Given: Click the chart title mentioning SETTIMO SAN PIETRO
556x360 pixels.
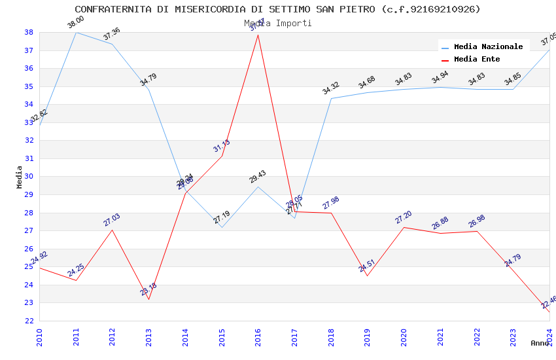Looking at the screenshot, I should [x=277, y=9].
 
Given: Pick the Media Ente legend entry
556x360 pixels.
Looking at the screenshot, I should [x=477, y=59].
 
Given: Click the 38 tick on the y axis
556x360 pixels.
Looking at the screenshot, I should [x=29, y=32].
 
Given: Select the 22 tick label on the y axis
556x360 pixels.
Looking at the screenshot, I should [x=29, y=321].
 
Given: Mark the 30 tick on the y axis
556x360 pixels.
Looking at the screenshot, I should [x=29, y=177].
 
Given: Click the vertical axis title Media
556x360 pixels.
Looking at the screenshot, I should [x=20, y=177].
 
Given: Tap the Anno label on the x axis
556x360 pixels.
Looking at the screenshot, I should [x=540, y=343].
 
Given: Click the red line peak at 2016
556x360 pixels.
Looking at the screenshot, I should [x=258, y=35].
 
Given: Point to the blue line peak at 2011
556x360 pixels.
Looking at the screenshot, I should [x=76, y=32].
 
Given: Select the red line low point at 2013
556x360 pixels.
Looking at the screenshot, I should [x=148, y=300].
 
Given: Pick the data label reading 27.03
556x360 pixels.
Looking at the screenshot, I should [x=112, y=220].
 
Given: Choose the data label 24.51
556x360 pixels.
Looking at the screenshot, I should [x=367, y=266].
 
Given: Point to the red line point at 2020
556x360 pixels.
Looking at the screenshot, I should [x=404, y=227].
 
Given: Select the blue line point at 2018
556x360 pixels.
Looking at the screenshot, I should [x=331, y=99].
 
